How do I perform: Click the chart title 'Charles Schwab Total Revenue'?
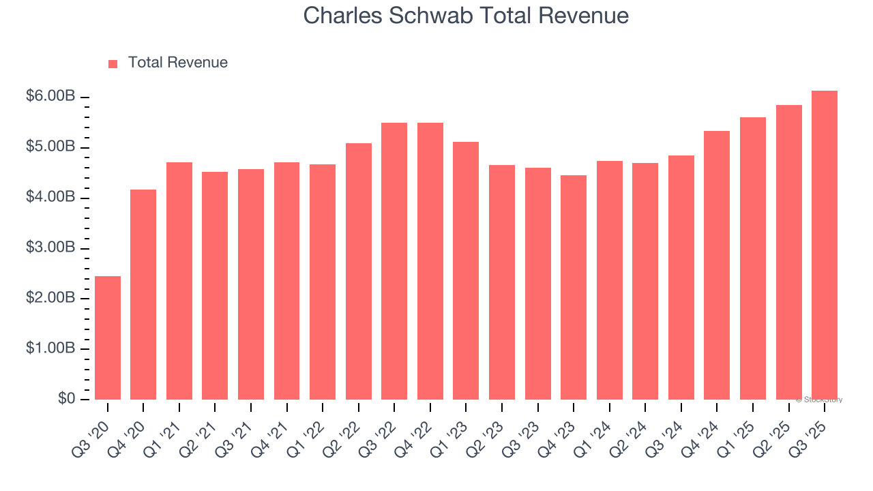[x=466, y=16]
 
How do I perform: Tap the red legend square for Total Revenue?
[x=113, y=63]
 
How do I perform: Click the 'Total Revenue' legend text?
[x=177, y=63]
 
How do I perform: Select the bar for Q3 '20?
[x=108, y=338]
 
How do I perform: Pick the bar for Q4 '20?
[x=143, y=295]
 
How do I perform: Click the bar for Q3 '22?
[x=394, y=261]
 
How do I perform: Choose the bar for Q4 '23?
[x=574, y=287]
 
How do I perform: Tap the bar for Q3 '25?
[x=825, y=245]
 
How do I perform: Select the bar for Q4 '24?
[x=717, y=265]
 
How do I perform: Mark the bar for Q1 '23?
[x=466, y=271]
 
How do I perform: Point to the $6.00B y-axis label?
[x=50, y=97]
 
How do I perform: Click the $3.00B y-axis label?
[x=50, y=248]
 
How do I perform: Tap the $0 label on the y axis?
[x=66, y=398]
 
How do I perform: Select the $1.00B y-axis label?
[x=50, y=348]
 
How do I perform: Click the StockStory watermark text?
[x=819, y=400]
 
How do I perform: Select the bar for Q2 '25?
[x=788, y=252]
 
